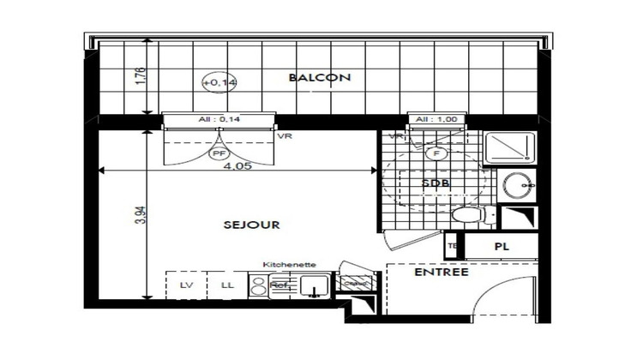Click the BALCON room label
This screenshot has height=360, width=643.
pos(320,78)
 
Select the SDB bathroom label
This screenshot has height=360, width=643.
pos(436,183)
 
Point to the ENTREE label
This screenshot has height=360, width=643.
pos(441,273)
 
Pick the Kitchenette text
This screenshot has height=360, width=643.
pos(283,266)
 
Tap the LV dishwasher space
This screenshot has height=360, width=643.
pos(185,284)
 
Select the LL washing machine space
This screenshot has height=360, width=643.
pos(227,284)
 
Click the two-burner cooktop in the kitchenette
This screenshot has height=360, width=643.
pos(256,284)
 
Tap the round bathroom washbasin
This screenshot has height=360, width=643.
pos(515,183)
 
